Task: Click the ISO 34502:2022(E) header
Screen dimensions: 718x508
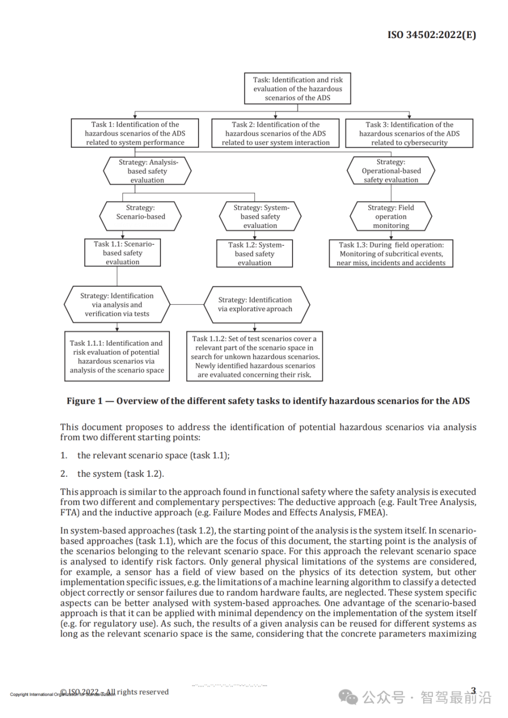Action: [431, 35]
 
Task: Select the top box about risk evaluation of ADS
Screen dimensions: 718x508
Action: [297, 89]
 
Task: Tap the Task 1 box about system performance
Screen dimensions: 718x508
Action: [135, 133]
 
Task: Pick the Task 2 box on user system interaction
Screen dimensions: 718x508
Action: [275, 133]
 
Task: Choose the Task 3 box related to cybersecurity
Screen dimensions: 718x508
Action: [409, 133]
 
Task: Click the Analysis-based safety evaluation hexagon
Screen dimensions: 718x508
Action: [147, 171]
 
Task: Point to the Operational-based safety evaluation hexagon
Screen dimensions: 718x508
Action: [391, 171]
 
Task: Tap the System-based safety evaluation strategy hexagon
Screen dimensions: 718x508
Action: [260, 216]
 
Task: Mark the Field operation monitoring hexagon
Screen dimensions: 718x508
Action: [391, 216]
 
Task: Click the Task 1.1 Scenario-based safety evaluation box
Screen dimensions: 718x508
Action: [123, 253]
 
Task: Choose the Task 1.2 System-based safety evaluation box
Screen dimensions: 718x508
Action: [255, 254]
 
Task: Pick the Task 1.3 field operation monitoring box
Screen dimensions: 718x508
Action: [391, 254]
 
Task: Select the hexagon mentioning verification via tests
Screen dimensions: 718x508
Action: [117, 305]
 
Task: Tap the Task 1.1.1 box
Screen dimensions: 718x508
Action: [117, 357]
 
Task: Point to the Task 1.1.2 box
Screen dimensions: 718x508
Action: [255, 357]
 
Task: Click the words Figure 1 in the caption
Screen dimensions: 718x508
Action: [85, 401]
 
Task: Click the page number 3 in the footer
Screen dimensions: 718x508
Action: [474, 691]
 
